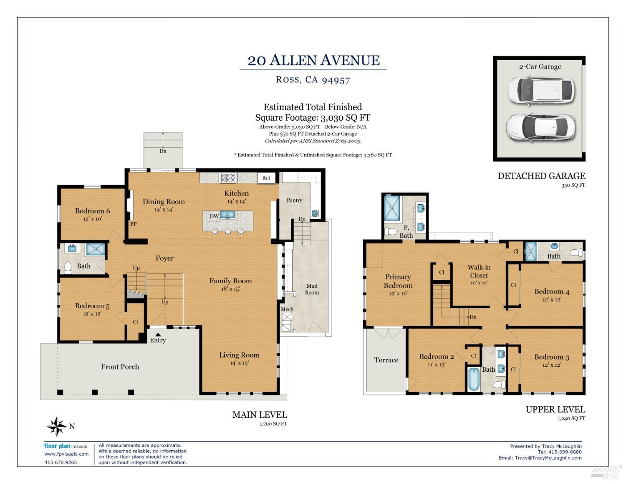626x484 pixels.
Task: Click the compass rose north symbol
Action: click(57, 426)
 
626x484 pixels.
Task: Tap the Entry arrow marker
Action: click(158, 334)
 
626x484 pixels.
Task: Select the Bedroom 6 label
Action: click(93, 211)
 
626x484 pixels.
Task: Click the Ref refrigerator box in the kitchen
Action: click(266, 178)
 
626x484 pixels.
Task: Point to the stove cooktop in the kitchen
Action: click(228, 178)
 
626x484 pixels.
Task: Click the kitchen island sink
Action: click(227, 215)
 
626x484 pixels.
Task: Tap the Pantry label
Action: click(294, 200)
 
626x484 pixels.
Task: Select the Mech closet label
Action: click(287, 309)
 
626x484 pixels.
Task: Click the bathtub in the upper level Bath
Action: click(474, 379)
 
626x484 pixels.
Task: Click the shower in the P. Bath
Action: click(392, 208)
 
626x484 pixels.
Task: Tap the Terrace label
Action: click(386, 360)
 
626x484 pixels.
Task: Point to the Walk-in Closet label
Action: click(479, 271)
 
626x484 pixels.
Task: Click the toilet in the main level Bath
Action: click(68, 267)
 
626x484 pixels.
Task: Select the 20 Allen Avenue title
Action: click(313, 61)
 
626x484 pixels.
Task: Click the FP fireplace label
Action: click(133, 224)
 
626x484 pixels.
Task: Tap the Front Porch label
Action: click(120, 367)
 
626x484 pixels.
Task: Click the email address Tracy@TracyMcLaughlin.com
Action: click(548, 458)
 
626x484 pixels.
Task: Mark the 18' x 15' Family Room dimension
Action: click(230, 289)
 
